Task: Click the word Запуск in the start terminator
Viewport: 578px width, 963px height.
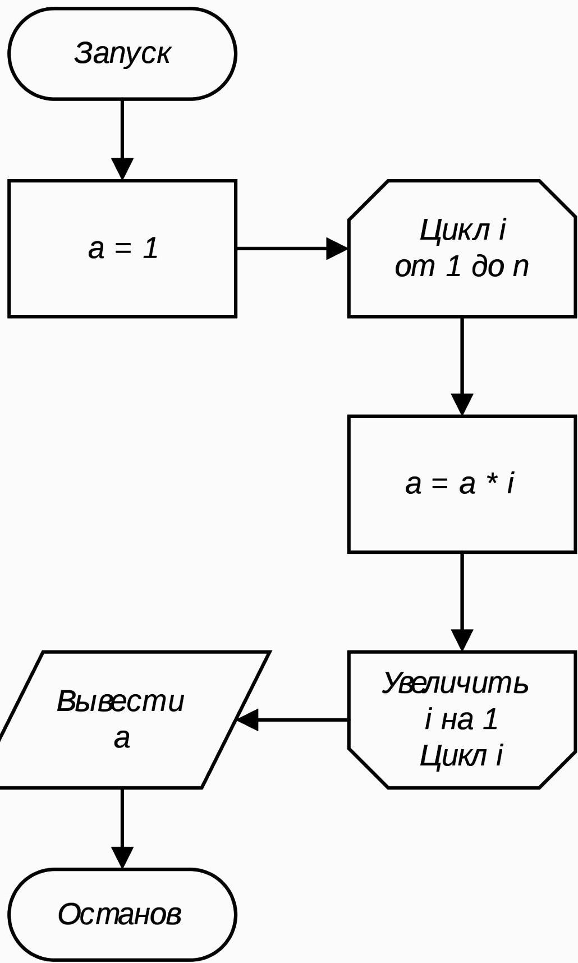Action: pos(122,54)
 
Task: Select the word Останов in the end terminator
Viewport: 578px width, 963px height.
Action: pos(120,914)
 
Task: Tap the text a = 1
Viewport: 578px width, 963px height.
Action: pos(123,248)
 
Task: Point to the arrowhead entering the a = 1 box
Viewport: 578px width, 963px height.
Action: pos(122,169)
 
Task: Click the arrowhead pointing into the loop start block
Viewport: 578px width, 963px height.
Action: pos(337,248)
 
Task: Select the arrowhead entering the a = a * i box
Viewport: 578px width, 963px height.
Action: pos(462,405)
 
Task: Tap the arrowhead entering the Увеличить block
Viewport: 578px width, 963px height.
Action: pos(462,640)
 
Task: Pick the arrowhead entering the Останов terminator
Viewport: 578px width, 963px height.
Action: pos(122,858)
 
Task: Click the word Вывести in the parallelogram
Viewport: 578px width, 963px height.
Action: pos(121,701)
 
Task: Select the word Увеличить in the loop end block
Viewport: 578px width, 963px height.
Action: pos(455,684)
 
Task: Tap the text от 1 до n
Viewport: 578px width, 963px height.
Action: pos(462,266)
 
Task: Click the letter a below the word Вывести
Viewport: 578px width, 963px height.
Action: pos(122,739)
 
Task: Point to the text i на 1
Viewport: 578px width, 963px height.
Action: pos(461,719)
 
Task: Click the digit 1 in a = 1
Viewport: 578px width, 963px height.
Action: pos(150,248)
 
